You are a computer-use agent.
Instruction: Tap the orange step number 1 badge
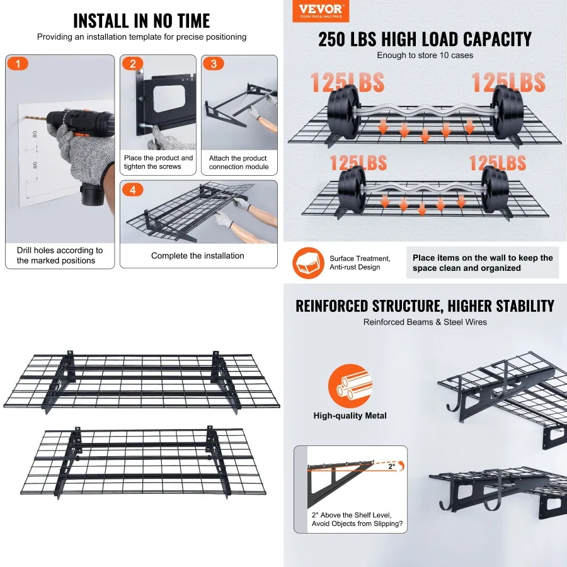[18, 64]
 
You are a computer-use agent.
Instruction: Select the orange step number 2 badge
[132, 64]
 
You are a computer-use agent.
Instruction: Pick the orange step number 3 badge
[214, 64]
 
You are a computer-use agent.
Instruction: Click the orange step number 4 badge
[132, 190]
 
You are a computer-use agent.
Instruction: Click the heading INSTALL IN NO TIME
[141, 20]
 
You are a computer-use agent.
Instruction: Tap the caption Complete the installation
[198, 256]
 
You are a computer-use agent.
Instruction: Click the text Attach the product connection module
[239, 163]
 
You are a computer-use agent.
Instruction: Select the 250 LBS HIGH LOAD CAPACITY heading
[425, 39]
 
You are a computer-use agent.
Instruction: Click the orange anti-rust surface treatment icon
[308, 263]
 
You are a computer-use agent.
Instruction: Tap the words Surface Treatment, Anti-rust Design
[360, 263]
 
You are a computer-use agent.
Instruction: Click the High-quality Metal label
[350, 416]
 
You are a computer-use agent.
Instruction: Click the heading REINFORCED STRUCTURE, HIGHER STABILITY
[425, 307]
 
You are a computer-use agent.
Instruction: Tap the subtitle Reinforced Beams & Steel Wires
[425, 323]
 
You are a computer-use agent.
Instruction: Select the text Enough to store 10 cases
[425, 55]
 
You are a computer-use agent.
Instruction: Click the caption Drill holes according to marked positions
[60, 255]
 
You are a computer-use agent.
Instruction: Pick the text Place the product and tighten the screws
[158, 163]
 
